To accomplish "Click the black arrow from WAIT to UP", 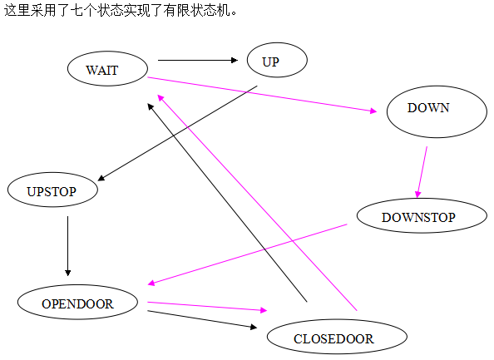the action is click(x=198, y=60).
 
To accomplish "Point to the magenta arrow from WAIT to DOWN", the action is click(x=262, y=94).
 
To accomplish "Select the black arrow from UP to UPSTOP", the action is click(x=177, y=133).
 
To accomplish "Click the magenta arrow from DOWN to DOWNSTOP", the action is click(x=422, y=172).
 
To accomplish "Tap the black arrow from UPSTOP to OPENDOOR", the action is click(x=67, y=246).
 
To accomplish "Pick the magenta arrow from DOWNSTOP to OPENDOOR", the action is click(x=247, y=254).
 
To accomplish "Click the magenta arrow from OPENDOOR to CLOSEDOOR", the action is click(x=207, y=307).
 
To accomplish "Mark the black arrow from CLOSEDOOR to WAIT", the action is click(x=227, y=202).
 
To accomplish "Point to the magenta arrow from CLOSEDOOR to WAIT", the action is click(x=257, y=203).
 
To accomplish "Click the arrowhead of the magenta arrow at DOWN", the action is click(x=373, y=111).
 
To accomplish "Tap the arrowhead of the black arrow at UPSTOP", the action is click(x=101, y=179).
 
